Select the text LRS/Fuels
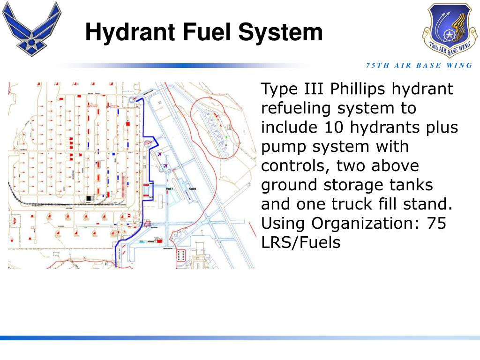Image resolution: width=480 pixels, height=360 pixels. pos(300,243)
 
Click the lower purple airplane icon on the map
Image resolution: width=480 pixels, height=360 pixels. pos(166,165)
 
